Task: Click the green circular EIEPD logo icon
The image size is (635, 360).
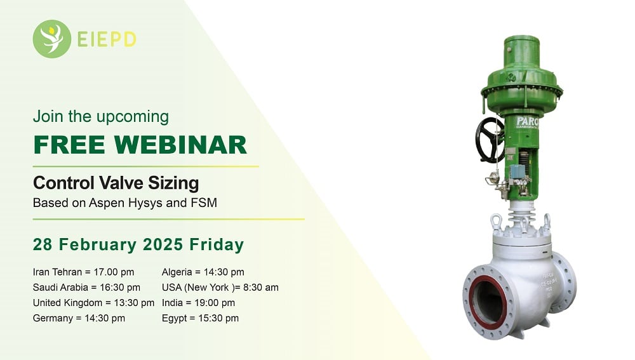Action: (x=52, y=39)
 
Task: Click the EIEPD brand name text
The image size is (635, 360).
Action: (x=107, y=39)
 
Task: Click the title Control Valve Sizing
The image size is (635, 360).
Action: (x=116, y=183)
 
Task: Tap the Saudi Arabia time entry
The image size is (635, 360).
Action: (x=86, y=287)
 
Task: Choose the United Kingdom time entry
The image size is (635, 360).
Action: (x=93, y=303)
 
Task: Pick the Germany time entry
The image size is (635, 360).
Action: (x=79, y=318)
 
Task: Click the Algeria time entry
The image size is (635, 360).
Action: (x=203, y=272)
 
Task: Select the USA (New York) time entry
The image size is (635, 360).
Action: (x=220, y=287)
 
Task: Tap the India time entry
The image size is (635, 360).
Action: (x=198, y=303)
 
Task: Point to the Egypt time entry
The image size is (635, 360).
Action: (x=200, y=318)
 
